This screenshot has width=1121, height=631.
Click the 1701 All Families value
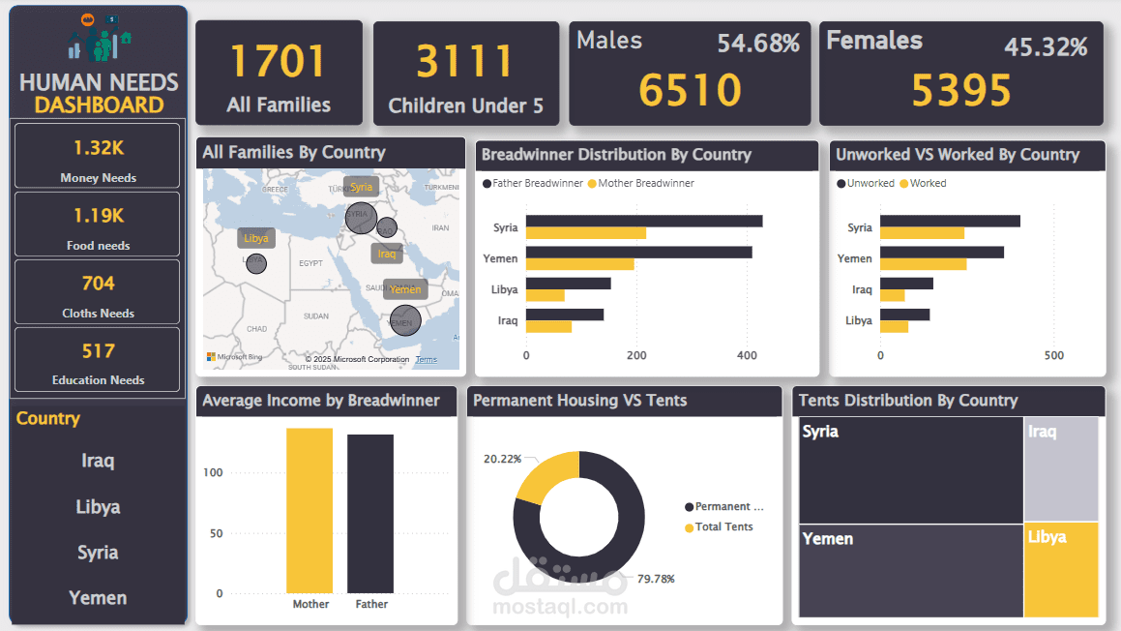[279, 62]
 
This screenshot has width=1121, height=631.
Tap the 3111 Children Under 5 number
[465, 62]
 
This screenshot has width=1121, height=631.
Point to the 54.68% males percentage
[758, 44]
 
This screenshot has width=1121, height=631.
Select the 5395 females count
[961, 90]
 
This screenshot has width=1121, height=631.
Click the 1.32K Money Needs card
[98, 156]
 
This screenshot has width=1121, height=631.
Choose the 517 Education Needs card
[98, 359]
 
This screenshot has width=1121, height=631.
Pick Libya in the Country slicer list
[98, 507]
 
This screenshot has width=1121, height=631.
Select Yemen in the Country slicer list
[98, 598]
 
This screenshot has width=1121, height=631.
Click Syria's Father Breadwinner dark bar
[644, 221]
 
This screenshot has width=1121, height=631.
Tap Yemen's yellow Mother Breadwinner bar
[580, 264]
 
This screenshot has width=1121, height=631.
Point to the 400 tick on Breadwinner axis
[747, 355]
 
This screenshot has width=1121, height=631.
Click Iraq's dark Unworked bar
[906, 284]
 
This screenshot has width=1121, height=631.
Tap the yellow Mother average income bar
[310, 510]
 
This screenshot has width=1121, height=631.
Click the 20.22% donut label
[502, 459]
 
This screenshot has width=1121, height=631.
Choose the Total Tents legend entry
[723, 527]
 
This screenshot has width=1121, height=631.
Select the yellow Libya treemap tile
[1061, 569]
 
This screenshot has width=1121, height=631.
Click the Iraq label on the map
[387, 254]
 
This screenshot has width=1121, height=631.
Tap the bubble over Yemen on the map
[405, 320]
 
